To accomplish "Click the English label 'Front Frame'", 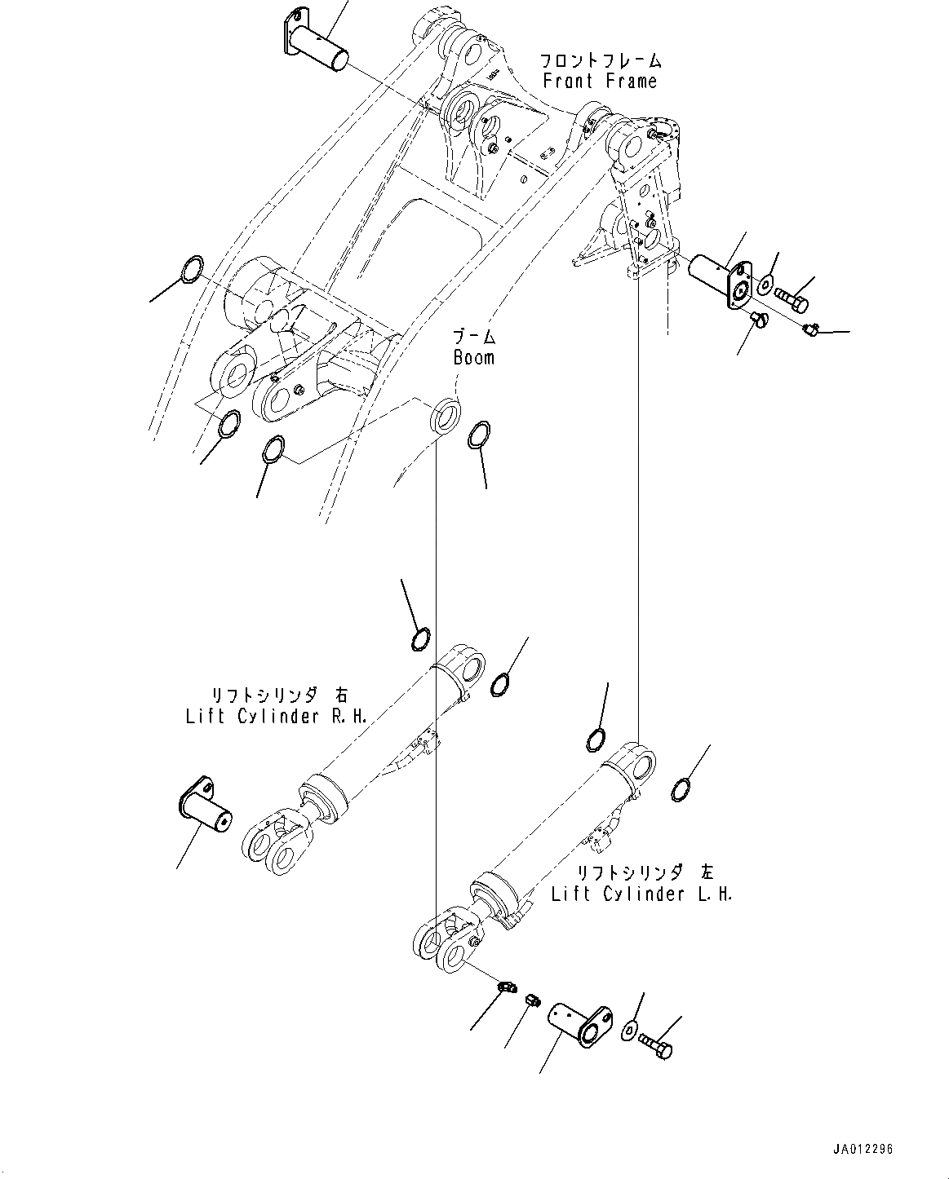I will [x=600, y=81].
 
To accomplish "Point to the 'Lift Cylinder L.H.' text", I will [x=641, y=894].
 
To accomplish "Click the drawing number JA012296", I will [x=863, y=1149].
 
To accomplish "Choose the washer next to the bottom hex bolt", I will [x=628, y=1031].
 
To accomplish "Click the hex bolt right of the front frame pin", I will [x=791, y=299].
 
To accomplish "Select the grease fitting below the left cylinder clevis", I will [x=506, y=987].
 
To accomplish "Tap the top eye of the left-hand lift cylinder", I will [x=636, y=762].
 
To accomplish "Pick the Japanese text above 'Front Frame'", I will [x=600, y=60].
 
